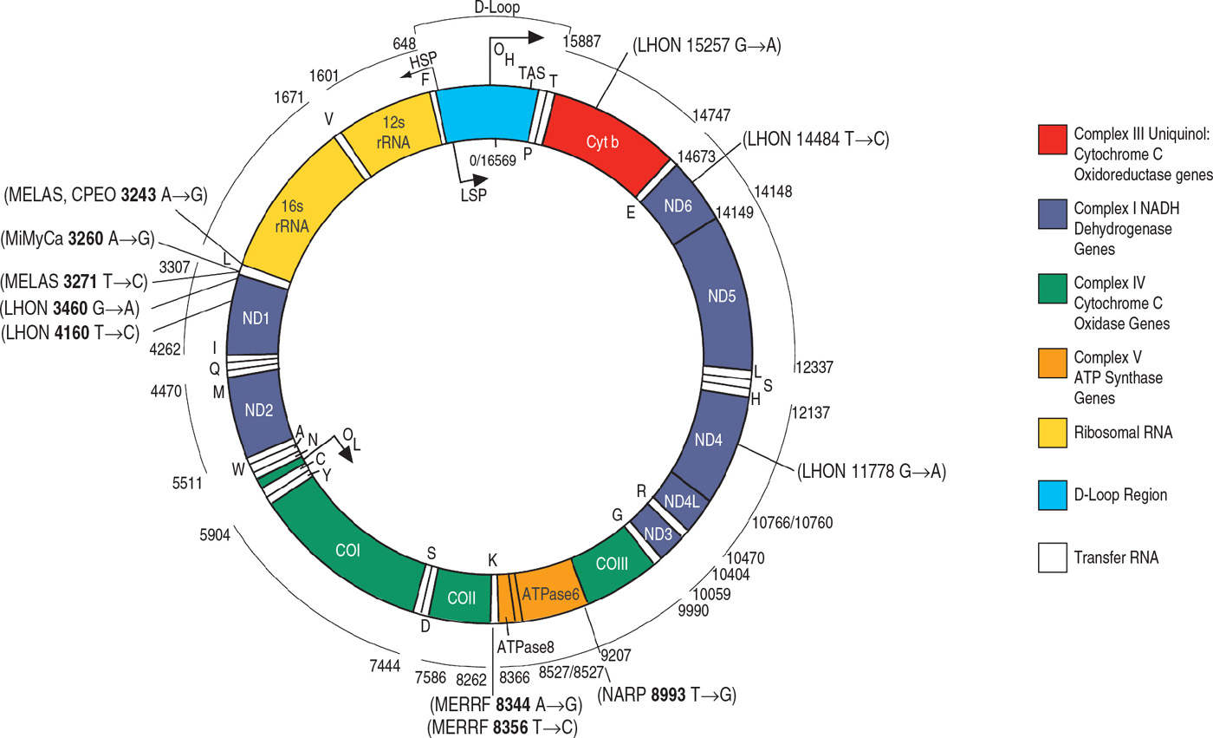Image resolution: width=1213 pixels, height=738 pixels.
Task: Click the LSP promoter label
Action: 472,193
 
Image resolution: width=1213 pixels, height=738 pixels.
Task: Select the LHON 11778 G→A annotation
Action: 872,473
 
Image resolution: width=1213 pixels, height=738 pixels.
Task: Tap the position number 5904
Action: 214,535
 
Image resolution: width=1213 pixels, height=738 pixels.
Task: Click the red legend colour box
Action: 1052,140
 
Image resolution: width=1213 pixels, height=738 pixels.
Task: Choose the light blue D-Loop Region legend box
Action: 1052,495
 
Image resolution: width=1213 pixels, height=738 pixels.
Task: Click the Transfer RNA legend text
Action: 1116,558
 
